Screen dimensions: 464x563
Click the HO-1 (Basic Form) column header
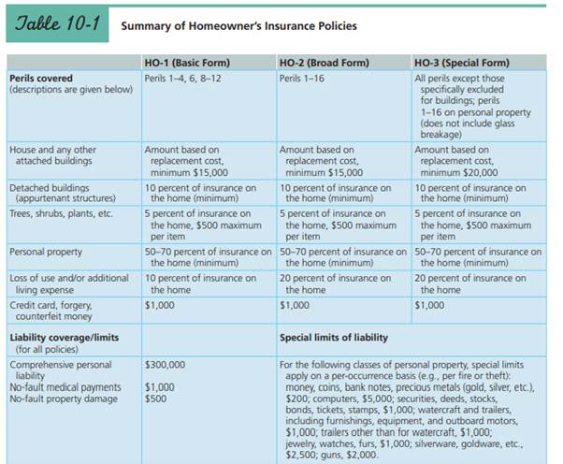point(187,63)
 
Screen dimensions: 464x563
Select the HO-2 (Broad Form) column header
point(324,63)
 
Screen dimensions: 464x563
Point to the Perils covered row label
point(41,77)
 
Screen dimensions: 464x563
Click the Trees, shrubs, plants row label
point(60,213)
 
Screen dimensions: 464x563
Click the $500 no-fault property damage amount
point(155,399)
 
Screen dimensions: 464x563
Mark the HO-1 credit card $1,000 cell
point(158,304)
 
